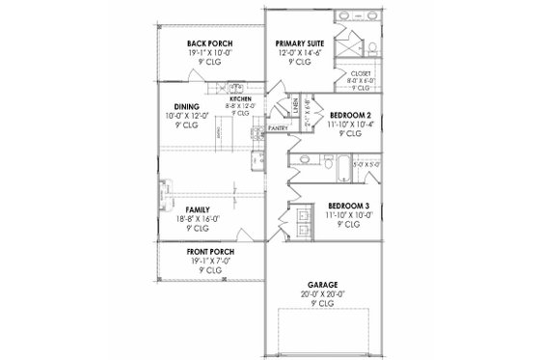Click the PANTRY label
point(280,126)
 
